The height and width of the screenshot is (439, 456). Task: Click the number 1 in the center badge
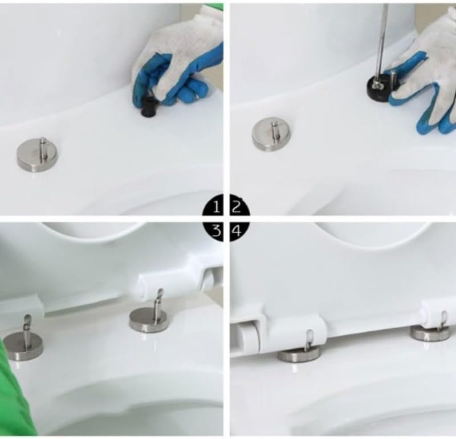[216, 207]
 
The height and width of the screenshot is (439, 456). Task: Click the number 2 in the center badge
[238, 207]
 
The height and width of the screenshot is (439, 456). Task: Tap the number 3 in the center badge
[216, 231]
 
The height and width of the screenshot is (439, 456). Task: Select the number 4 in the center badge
[238, 231]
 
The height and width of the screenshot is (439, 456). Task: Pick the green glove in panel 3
[14, 394]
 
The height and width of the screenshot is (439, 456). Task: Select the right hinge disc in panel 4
[430, 333]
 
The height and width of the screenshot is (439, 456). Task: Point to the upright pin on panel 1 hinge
[43, 146]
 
